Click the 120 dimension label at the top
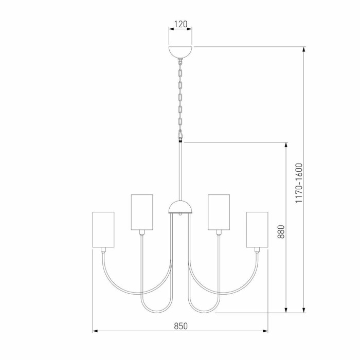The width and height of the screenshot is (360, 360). (181, 24)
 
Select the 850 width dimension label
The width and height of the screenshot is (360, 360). (181, 326)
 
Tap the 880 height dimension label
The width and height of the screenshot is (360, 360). (281, 232)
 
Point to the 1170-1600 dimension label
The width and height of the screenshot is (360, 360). (299, 183)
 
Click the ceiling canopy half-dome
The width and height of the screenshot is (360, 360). (180, 52)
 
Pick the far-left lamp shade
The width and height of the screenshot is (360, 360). (103, 230)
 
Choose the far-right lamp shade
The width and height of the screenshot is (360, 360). (257, 230)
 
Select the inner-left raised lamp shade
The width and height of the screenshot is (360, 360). (142, 212)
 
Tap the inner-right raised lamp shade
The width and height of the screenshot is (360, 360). (219, 212)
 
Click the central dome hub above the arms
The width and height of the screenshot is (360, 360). (180, 207)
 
